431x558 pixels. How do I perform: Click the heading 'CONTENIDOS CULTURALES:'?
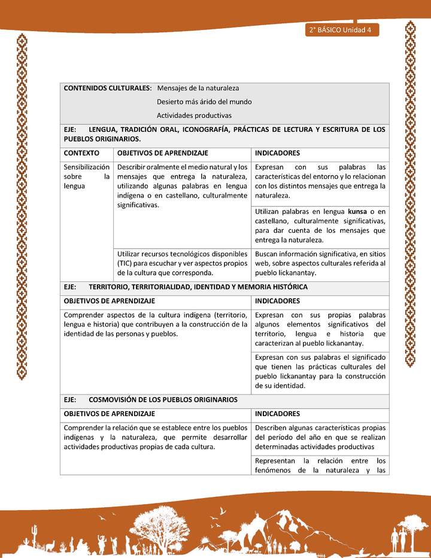[x=107, y=88]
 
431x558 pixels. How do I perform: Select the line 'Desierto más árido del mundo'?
[x=204, y=102]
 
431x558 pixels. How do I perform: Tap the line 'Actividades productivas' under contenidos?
[x=194, y=116]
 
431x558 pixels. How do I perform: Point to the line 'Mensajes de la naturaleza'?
[x=198, y=88]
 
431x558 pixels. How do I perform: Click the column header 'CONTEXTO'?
[x=81, y=153]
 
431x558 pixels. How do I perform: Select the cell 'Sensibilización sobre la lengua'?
[x=86, y=177]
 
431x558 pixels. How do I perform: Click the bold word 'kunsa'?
[x=357, y=211]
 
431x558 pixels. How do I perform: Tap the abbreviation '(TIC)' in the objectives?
[x=126, y=263]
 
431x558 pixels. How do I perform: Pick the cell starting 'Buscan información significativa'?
[x=320, y=263]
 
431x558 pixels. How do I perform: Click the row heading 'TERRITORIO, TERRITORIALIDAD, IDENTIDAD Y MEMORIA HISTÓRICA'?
[x=198, y=287]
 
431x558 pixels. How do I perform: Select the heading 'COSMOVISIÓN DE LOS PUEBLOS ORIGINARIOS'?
[x=163, y=399]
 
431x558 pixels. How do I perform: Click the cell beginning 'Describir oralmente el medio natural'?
[x=182, y=186]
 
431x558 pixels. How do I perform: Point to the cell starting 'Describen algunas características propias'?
[x=320, y=437]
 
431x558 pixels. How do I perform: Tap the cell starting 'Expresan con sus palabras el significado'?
[x=320, y=371]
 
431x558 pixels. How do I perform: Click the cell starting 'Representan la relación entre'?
[x=320, y=465]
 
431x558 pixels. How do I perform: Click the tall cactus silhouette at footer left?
[x=35, y=534]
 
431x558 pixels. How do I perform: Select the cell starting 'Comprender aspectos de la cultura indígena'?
[x=156, y=325]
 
